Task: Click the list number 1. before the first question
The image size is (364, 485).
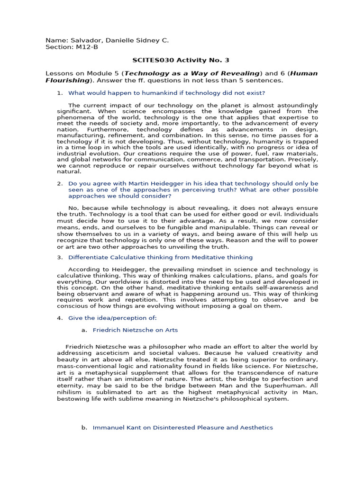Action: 60,93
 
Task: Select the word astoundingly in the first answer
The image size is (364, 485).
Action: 295,105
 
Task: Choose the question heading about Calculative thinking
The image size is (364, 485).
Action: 160,257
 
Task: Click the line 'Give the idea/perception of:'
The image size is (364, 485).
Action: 112,318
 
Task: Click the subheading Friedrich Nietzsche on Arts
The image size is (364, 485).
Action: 135,330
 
